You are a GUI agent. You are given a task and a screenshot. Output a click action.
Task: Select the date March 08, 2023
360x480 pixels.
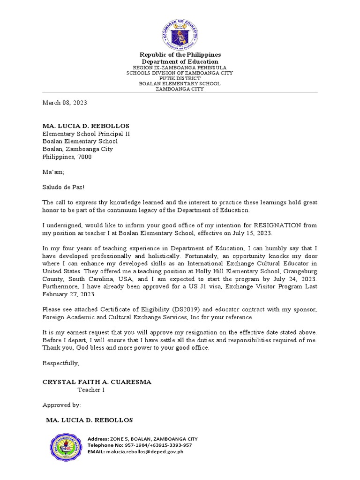[x=65, y=102]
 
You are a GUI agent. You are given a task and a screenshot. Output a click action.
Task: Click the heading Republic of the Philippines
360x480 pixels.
[x=180, y=55]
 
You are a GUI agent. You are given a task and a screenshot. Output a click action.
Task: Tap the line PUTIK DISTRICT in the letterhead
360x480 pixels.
[x=180, y=78]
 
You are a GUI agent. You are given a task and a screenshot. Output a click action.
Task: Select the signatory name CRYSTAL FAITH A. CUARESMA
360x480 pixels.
[x=97, y=382]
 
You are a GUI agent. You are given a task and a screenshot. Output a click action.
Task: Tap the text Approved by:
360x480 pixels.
[x=61, y=405]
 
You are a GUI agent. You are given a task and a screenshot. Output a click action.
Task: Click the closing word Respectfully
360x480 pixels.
[x=61, y=363]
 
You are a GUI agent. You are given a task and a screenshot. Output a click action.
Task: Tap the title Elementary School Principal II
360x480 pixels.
[x=86, y=134]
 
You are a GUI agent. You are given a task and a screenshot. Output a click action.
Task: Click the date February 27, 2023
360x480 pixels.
[x=68, y=294]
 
